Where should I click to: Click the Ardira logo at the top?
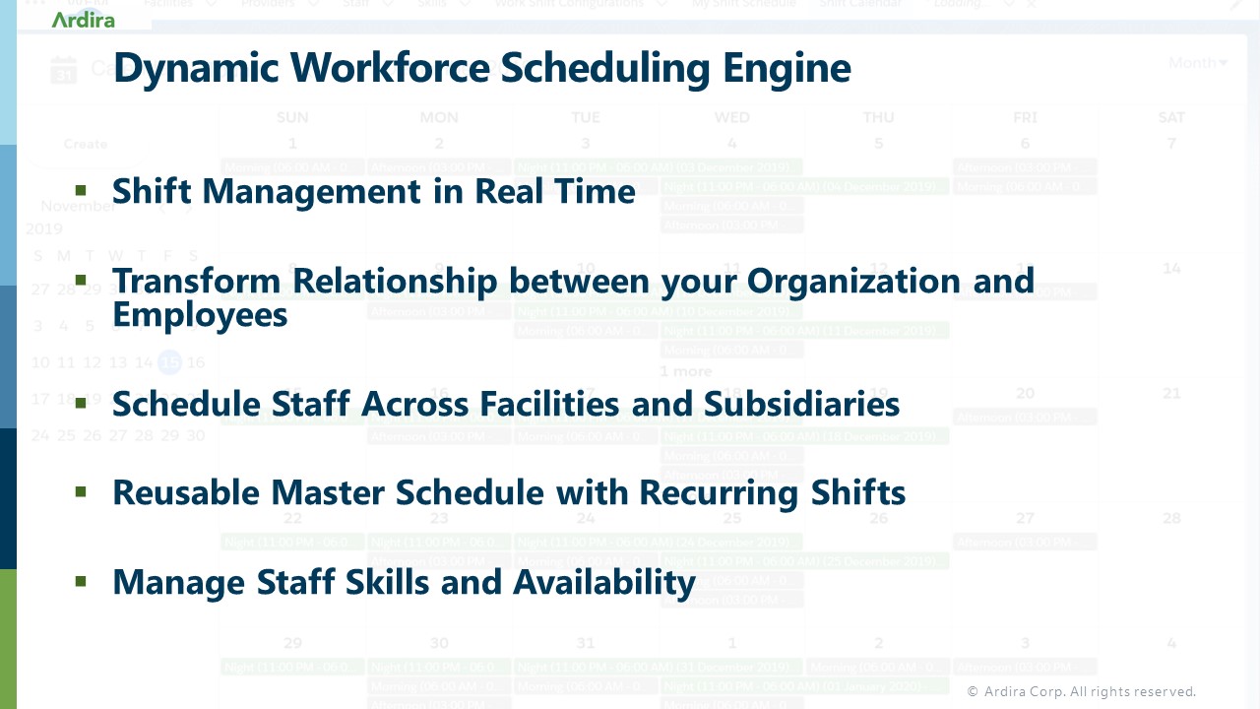pyautogui.click(x=84, y=19)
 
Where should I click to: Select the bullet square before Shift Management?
pyautogui.click(x=81, y=190)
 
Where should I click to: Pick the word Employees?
pyautogui.click(x=200, y=314)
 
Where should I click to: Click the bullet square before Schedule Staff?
pyautogui.click(x=81, y=402)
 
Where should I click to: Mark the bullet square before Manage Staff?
pyautogui.click(x=81, y=582)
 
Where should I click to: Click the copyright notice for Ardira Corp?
pyautogui.click(x=1081, y=691)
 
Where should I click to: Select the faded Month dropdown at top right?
pyautogui.click(x=1197, y=63)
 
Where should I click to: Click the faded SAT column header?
pyautogui.click(x=1171, y=117)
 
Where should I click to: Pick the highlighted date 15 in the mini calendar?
pyautogui.click(x=170, y=362)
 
